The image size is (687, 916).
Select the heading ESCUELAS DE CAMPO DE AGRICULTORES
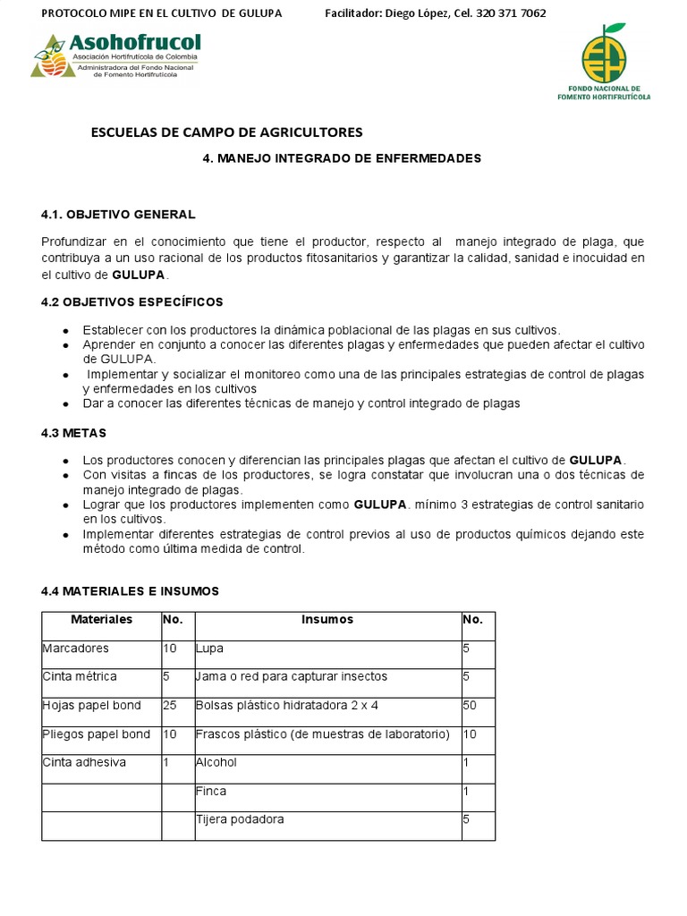(x=227, y=132)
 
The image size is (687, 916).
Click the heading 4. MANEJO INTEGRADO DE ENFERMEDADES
(x=343, y=158)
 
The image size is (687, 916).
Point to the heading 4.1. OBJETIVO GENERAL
(x=118, y=215)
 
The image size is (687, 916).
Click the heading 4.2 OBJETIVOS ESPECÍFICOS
(x=132, y=302)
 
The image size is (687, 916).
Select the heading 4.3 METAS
(x=74, y=433)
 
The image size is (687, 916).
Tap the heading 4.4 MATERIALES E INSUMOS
(x=130, y=591)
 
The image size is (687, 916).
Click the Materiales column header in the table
(x=101, y=620)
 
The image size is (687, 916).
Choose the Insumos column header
(x=327, y=620)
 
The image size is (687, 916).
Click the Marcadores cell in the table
(x=75, y=649)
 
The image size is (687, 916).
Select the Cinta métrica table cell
(x=80, y=677)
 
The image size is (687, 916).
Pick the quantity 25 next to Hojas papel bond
(x=170, y=706)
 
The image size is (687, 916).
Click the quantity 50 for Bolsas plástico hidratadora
(x=471, y=706)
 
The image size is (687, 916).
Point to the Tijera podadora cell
(x=240, y=819)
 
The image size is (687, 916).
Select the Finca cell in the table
(x=211, y=792)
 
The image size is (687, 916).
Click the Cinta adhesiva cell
(x=84, y=763)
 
